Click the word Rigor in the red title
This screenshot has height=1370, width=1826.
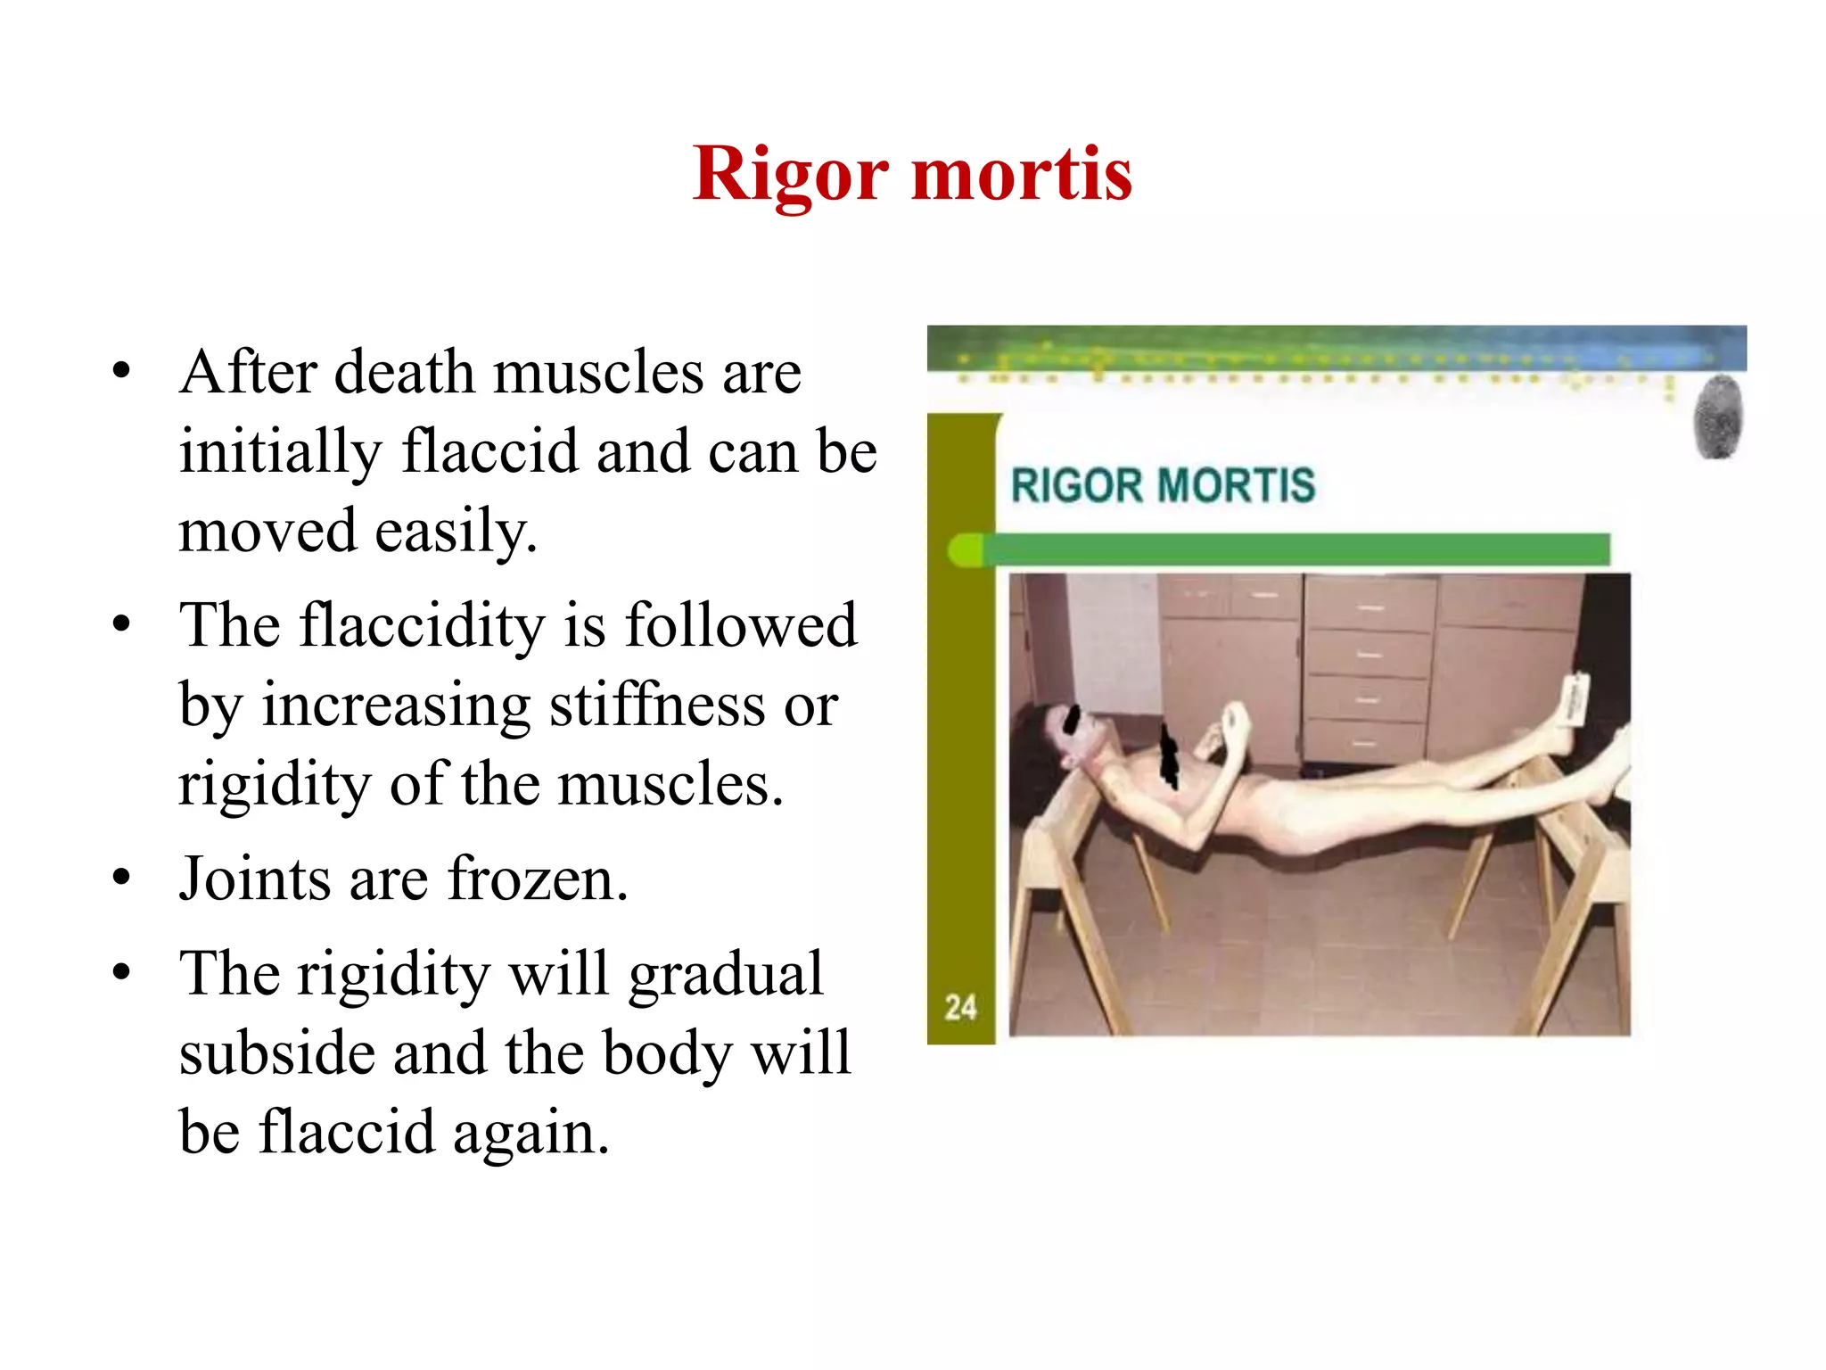790,175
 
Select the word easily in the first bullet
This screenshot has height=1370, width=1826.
456,532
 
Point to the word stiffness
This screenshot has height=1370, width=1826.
657,705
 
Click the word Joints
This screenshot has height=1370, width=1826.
255,879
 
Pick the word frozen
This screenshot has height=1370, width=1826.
538,879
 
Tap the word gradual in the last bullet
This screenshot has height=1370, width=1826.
726,974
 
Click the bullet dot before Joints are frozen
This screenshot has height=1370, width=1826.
121,877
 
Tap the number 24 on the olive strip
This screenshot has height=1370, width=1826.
960,1008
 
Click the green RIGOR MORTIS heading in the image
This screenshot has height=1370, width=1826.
1163,486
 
